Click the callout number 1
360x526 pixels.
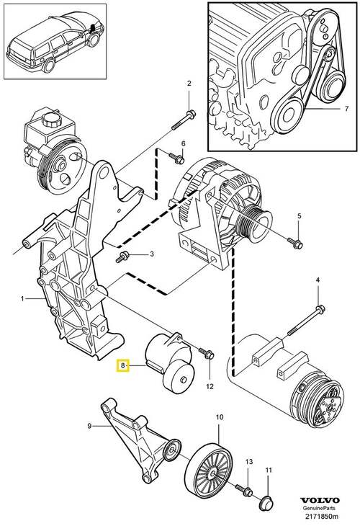tap(23, 298)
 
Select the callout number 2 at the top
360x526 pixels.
tap(189, 84)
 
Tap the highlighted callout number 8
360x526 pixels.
tap(124, 367)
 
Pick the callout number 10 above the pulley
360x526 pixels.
tap(220, 417)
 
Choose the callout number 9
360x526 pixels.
tap(90, 427)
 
